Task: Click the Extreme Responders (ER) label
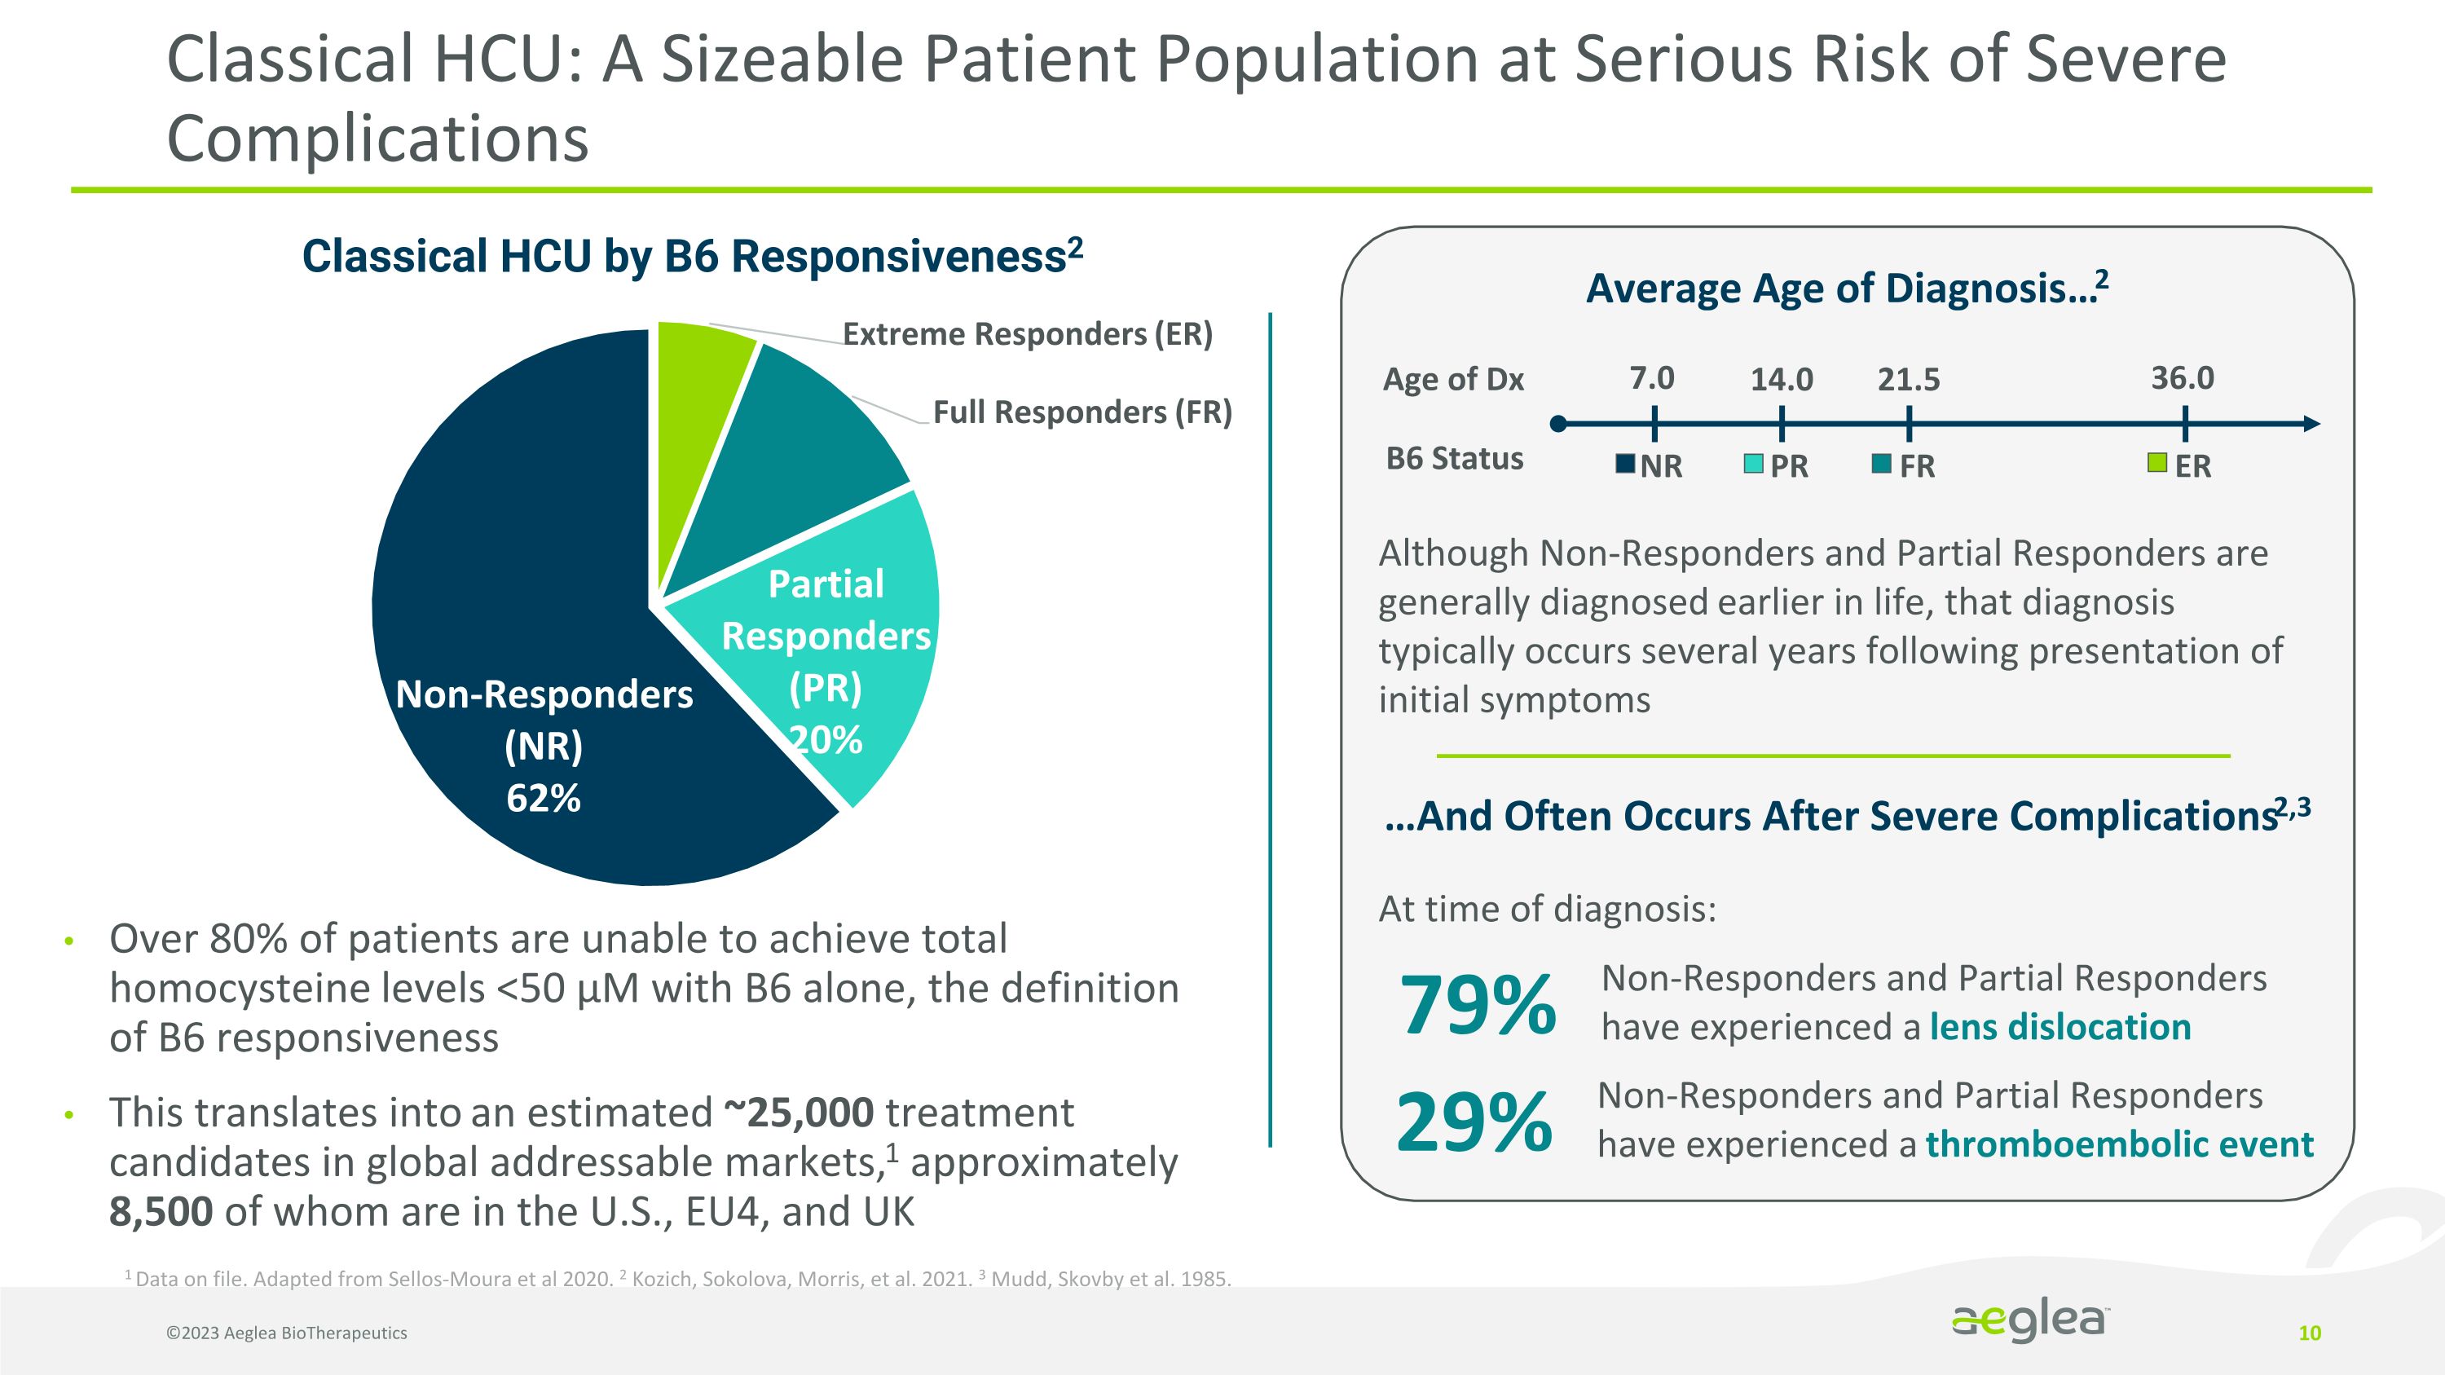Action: pos(1027,334)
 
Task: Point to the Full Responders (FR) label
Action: pos(1082,412)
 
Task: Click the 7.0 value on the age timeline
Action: pos(1651,379)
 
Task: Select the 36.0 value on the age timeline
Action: pos(2182,379)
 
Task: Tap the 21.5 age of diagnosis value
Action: pos(1909,380)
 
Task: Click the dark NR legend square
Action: pos(1625,464)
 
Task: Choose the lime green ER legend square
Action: pos(2157,463)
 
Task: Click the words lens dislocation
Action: pos(2060,1028)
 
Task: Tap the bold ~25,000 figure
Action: pos(798,1113)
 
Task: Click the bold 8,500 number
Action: pos(161,1212)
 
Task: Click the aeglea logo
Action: pos(2029,1322)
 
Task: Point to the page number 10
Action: pos(2309,1333)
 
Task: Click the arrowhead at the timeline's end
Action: pos(2312,424)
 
